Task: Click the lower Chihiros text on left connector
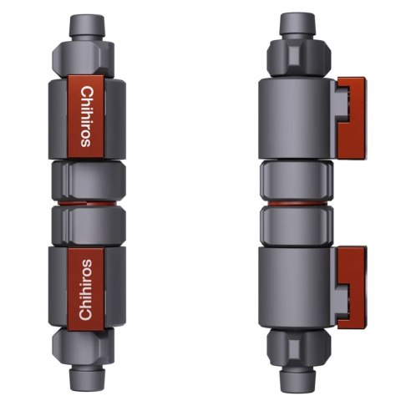pyautogui.click(x=85, y=288)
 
